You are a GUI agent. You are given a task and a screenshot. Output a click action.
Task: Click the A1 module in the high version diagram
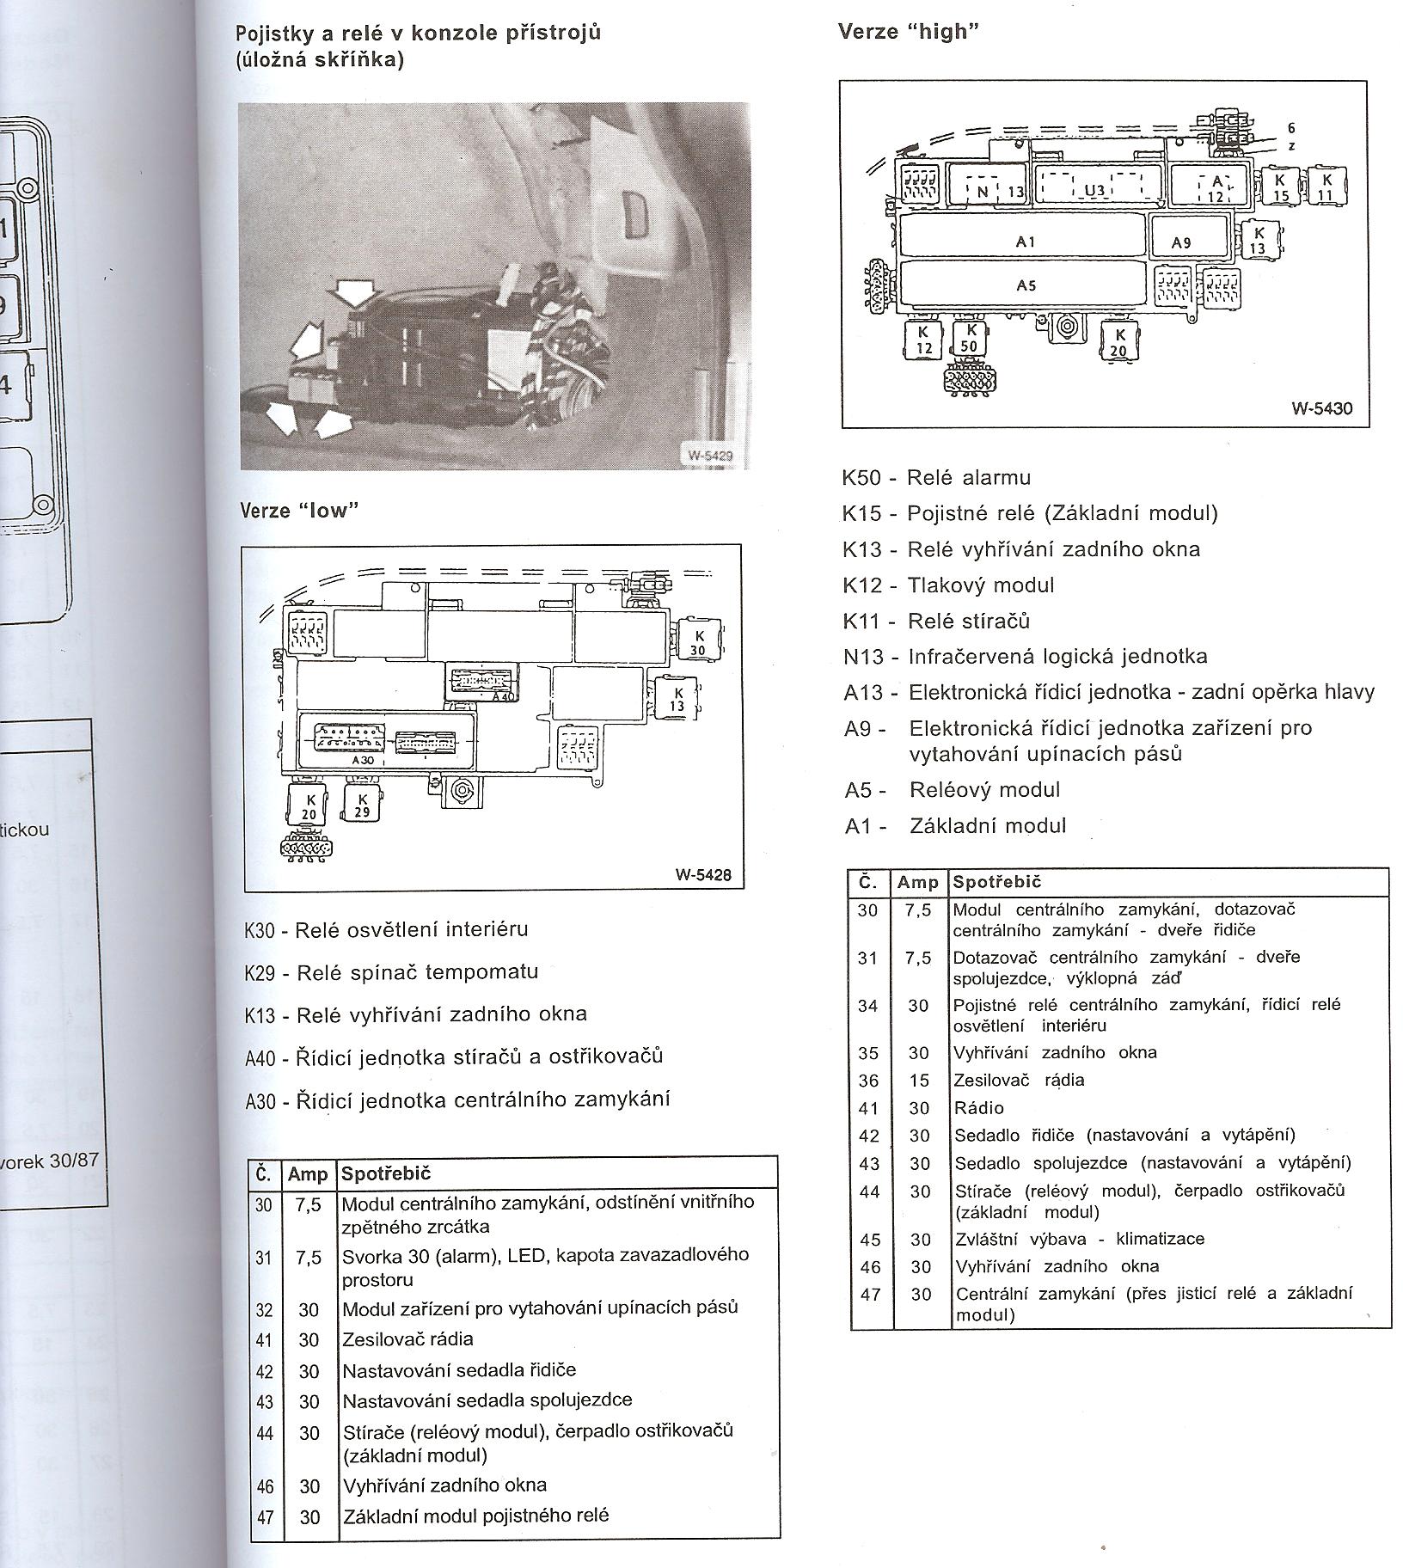click(x=1024, y=242)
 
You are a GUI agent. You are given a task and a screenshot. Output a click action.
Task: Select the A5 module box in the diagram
click(x=1024, y=285)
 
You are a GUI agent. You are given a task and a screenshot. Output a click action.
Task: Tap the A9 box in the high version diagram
click(x=1182, y=242)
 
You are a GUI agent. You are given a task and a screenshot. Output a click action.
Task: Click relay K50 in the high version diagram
click(x=971, y=338)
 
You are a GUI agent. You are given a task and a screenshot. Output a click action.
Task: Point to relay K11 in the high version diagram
click(x=1325, y=187)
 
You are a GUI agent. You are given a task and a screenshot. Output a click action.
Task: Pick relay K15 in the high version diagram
click(x=1280, y=187)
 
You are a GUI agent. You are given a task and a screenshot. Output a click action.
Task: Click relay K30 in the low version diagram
click(x=696, y=640)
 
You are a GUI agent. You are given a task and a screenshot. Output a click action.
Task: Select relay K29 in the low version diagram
click(x=363, y=804)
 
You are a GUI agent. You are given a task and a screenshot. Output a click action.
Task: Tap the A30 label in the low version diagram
click(x=364, y=761)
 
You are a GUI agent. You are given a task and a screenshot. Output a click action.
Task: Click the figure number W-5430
click(x=1321, y=407)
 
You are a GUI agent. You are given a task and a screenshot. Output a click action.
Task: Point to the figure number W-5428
click(x=702, y=875)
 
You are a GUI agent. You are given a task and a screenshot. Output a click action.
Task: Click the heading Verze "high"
click(x=908, y=32)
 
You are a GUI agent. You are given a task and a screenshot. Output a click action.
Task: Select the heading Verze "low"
click(x=297, y=511)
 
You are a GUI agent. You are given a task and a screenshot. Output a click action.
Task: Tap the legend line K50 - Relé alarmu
click(x=936, y=477)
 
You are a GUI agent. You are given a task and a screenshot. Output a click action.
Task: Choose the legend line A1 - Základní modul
click(x=955, y=826)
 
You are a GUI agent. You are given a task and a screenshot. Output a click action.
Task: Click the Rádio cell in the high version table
click(x=979, y=1108)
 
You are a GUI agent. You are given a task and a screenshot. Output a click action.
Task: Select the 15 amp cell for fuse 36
click(x=919, y=1081)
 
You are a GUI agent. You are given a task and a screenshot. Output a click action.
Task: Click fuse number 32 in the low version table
click(x=264, y=1309)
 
